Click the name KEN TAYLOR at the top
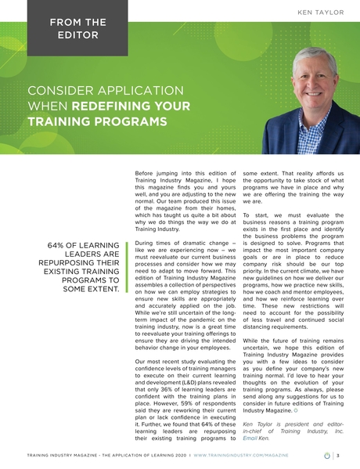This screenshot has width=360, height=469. [x=322, y=13]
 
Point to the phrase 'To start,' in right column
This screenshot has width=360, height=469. [x=255, y=214]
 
